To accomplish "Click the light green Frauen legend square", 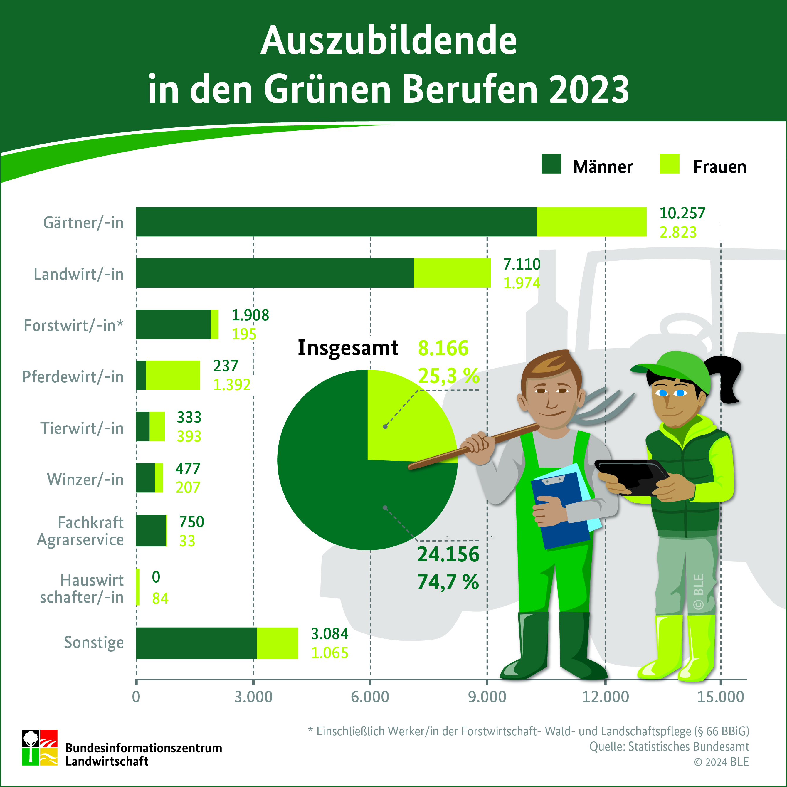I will (x=669, y=164).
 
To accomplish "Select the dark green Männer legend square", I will (x=551, y=164).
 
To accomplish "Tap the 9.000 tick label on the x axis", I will (x=487, y=697).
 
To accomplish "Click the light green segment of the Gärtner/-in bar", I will (x=591, y=222).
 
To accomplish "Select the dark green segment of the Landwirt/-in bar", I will (x=275, y=273).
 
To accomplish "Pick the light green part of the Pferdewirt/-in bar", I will (x=173, y=375).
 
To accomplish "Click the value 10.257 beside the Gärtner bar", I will (x=682, y=213).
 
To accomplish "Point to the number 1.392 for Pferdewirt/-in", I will (x=232, y=384).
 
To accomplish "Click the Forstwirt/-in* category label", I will (x=73, y=325).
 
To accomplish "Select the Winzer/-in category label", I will (x=85, y=480).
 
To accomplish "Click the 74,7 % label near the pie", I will (x=448, y=582).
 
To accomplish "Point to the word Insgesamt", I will (x=348, y=348).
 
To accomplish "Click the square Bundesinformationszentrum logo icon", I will (x=40, y=747).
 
